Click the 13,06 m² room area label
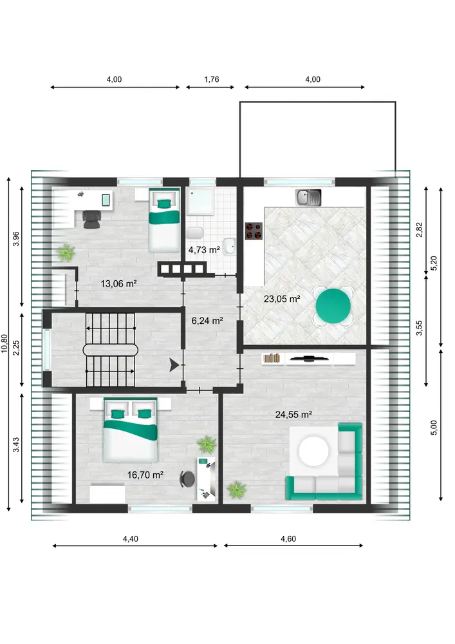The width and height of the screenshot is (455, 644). (x=118, y=283)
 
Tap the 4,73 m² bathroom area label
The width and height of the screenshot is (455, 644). (x=204, y=250)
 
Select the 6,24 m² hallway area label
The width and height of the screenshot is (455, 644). (x=207, y=320)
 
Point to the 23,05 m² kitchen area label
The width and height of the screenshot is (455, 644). (x=282, y=299)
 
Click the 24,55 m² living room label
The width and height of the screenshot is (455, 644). (x=293, y=414)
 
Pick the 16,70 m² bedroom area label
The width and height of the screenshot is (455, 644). (x=145, y=475)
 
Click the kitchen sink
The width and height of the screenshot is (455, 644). (x=308, y=198)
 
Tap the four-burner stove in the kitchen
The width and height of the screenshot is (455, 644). (x=254, y=231)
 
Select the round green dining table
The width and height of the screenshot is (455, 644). (x=333, y=307)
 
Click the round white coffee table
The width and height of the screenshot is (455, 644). (x=314, y=451)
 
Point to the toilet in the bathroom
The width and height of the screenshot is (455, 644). (x=194, y=233)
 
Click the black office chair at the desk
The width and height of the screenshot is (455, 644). (x=91, y=219)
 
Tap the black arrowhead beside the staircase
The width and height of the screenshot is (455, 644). (x=174, y=365)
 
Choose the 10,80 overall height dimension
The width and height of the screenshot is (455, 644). (x=5, y=343)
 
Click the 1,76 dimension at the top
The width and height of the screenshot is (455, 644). (x=212, y=79)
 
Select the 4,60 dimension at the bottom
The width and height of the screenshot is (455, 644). (x=288, y=538)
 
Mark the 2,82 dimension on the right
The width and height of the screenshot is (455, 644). (x=419, y=230)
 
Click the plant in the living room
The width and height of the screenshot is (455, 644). (x=237, y=489)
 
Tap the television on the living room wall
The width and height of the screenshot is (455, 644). (x=308, y=359)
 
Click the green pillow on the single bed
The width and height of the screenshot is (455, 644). (x=165, y=204)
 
